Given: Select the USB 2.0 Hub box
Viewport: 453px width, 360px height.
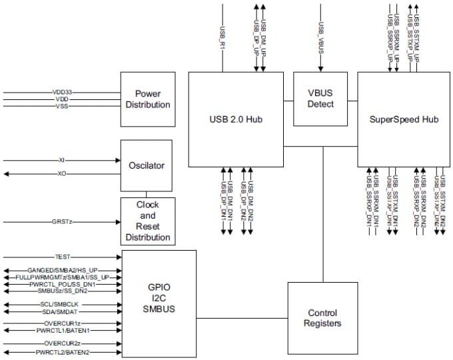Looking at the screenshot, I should tap(236, 119).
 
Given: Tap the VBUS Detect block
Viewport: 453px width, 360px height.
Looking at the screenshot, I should tap(322, 99).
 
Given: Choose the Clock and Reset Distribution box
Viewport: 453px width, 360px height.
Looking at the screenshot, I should tap(149, 221).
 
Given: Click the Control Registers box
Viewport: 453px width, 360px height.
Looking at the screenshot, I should tap(322, 317).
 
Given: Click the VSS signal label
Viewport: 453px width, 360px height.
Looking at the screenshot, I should tap(62, 106).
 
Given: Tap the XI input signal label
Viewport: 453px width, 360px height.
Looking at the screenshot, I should tap(61, 161).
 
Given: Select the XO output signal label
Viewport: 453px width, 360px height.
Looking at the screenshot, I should tap(61, 174).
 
